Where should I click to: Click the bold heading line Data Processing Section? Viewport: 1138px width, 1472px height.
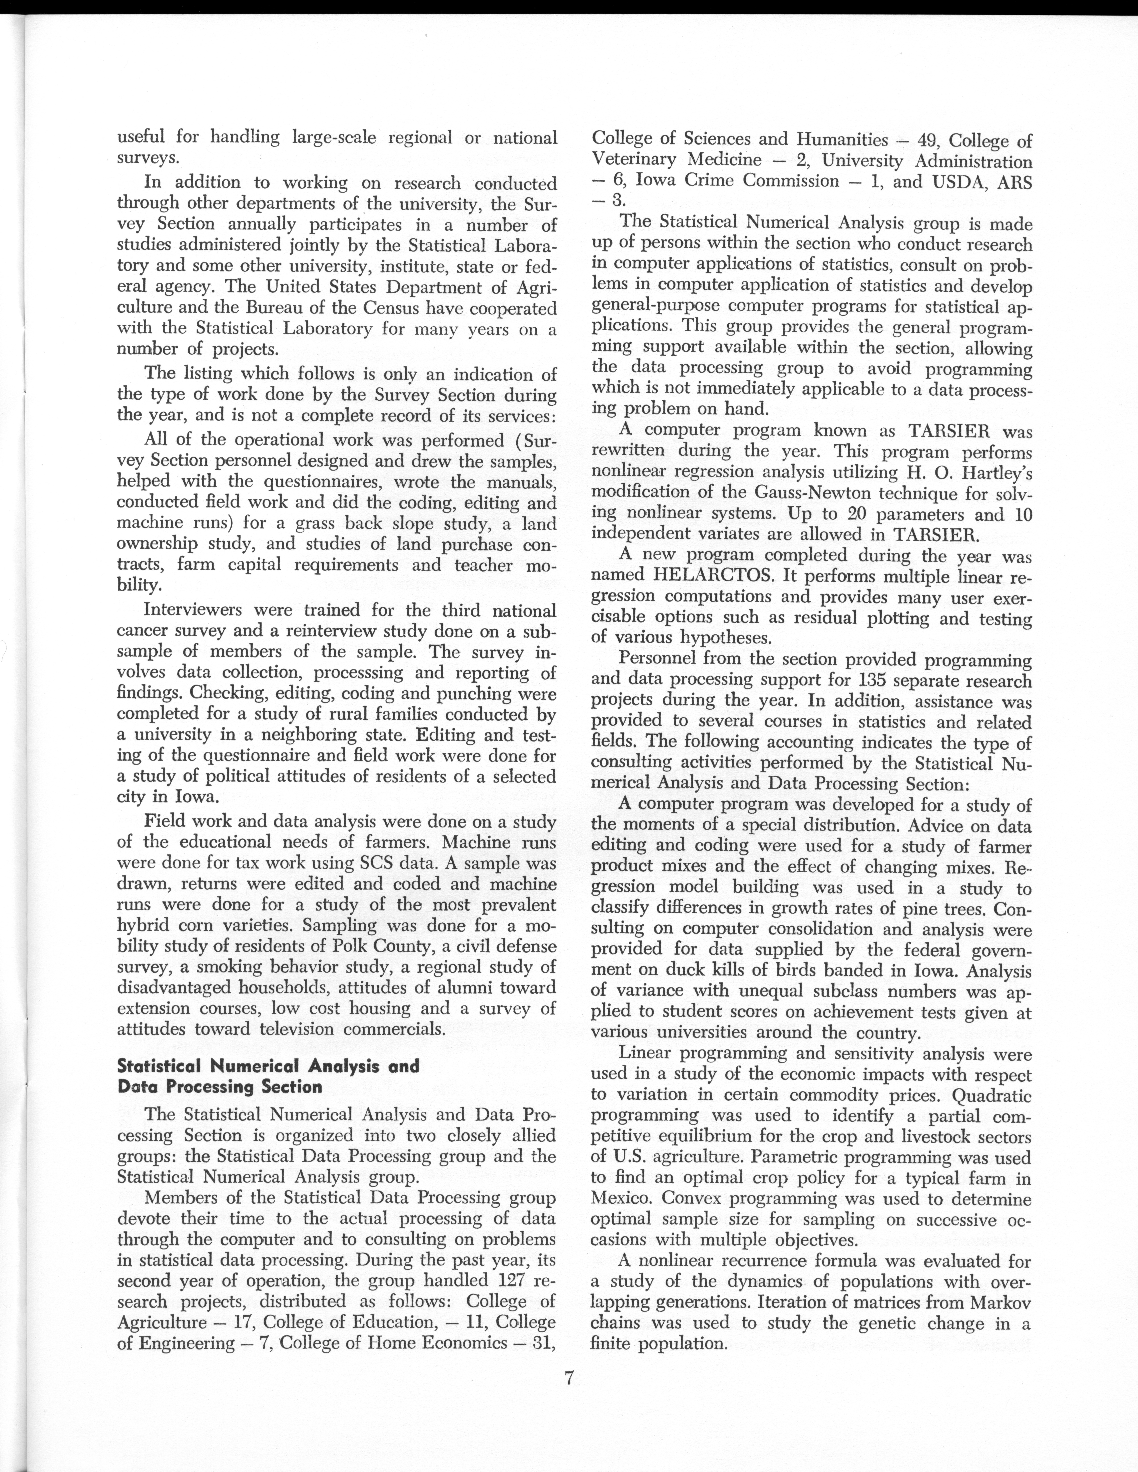point(220,1086)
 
